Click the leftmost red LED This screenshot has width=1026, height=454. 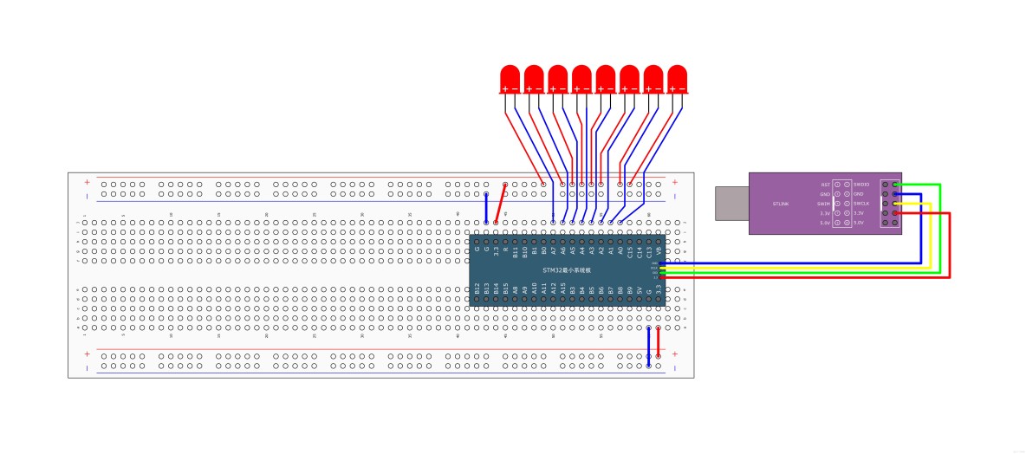pyautogui.click(x=510, y=77)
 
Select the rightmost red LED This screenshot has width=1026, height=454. pyautogui.click(x=677, y=77)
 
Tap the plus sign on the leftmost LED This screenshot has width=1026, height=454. pyautogui.click(x=504, y=89)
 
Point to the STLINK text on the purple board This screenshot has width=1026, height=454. pyautogui.click(x=780, y=204)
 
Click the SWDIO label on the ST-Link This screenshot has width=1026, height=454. pyautogui.click(x=861, y=185)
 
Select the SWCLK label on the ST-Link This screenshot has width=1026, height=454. pyautogui.click(x=861, y=204)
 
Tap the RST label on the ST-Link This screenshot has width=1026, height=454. pyautogui.click(x=825, y=185)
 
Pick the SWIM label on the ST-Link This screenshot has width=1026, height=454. pyautogui.click(x=823, y=204)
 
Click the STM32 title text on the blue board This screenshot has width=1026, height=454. pyautogui.click(x=567, y=270)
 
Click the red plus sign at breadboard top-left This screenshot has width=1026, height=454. pyautogui.click(x=87, y=182)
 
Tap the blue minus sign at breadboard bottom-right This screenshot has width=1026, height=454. pyautogui.click(x=674, y=366)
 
